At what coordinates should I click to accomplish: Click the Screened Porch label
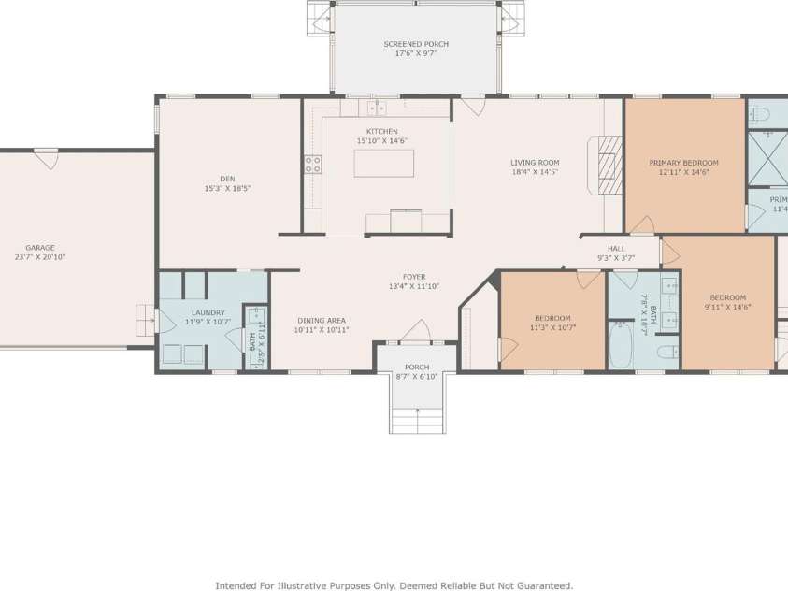[416, 44]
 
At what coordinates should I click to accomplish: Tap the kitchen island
[383, 163]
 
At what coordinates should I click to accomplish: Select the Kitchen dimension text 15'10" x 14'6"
[381, 141]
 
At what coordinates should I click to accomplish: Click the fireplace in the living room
[609, 166]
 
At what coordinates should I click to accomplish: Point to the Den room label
[227, 179]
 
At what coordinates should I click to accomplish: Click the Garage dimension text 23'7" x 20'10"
[40, 257]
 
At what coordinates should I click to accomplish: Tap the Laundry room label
[208, 312]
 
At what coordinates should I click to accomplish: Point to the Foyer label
[414, 277]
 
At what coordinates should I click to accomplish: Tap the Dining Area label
[322, 321]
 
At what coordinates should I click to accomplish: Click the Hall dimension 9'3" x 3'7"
[616, 257]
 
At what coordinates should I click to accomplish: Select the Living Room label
[535, 163]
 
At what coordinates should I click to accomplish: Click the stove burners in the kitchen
[312, 166]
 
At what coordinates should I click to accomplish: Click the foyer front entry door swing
[415, 331]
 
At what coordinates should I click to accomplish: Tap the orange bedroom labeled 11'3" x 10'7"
[552, 323]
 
